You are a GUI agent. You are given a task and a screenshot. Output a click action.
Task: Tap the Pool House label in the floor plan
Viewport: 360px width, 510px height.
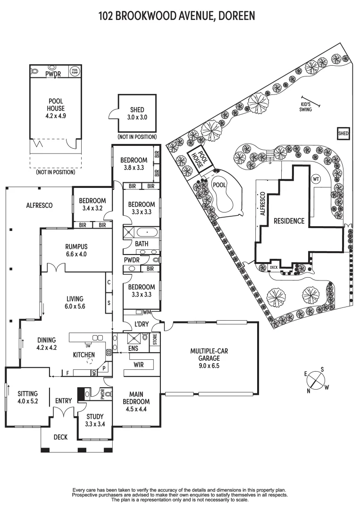tap(56, 108)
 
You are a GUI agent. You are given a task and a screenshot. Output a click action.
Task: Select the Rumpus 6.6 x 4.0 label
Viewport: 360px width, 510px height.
tap(76, 250)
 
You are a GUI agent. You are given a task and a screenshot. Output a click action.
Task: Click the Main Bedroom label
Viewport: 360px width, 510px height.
tap(136, 401)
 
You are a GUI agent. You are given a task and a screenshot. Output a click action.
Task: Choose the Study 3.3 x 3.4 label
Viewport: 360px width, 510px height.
tap(95, 420)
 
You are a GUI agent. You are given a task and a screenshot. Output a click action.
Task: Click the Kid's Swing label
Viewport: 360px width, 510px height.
tap(306, 107)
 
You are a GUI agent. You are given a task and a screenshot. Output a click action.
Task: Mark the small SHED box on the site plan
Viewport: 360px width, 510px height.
tap(343, 134)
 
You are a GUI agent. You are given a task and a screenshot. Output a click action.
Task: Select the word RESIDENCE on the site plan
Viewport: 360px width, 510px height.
tap(289, 221)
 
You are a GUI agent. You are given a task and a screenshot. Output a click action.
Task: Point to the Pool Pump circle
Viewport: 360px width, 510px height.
tap(75, 71)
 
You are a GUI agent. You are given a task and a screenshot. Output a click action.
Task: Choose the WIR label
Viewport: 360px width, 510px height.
tap(138, 364)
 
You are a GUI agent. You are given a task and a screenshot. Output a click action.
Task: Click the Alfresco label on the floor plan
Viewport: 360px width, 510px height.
tap(39, 205)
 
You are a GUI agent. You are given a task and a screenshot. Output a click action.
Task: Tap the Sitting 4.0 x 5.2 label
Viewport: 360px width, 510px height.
tap(27, 398)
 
